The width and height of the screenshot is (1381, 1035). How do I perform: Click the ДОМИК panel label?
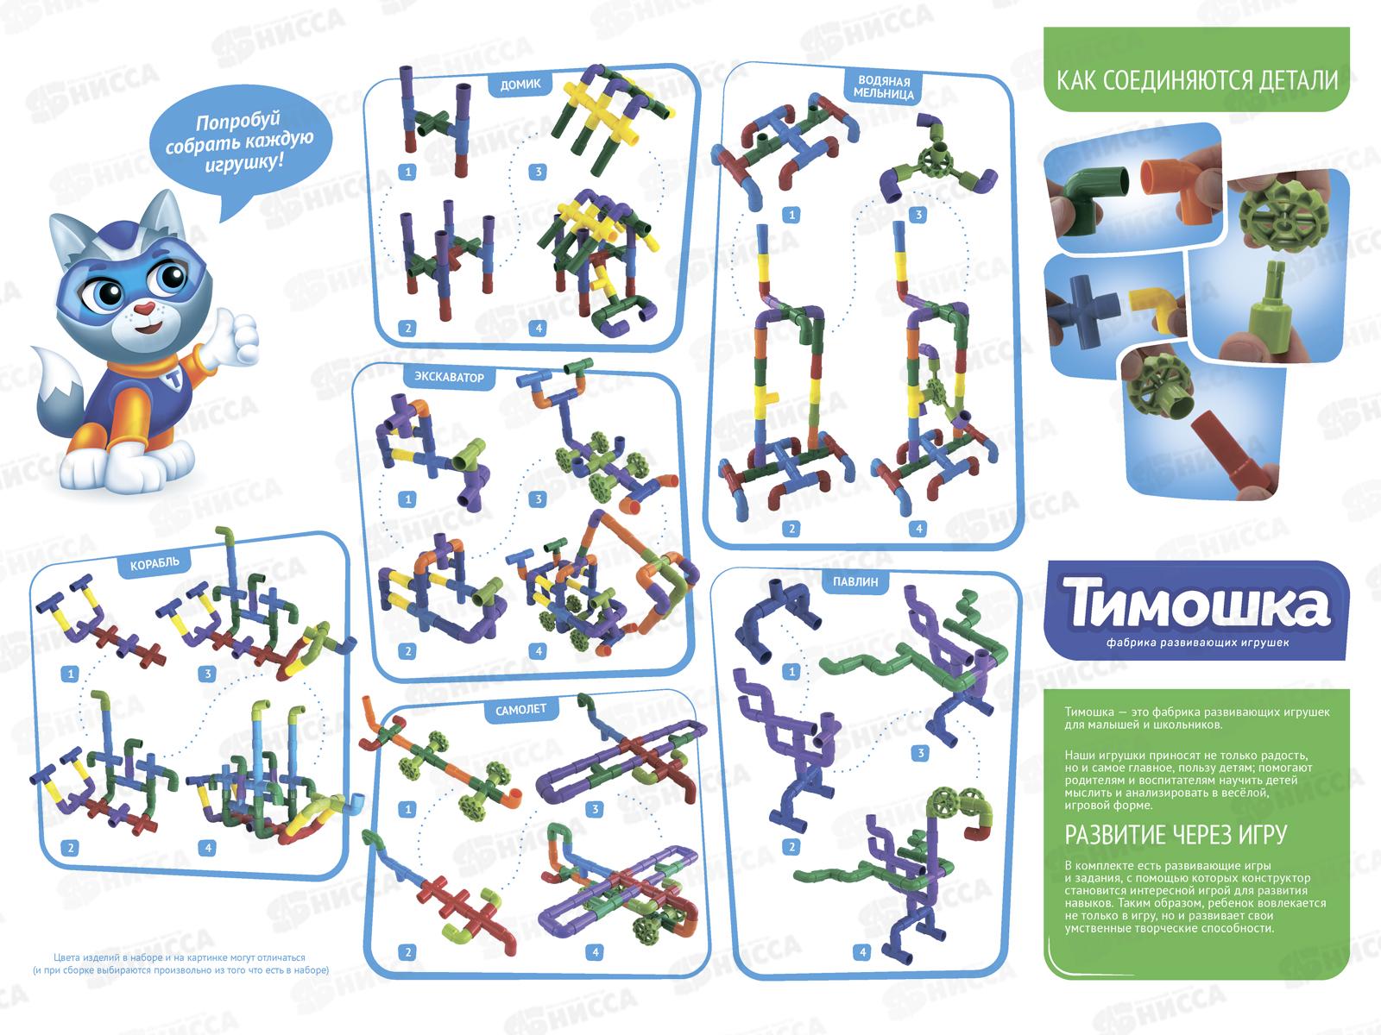point(520,85)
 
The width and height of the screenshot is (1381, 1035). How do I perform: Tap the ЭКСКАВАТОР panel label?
point(449,377)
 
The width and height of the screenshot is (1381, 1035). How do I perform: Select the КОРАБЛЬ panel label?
point(154,563)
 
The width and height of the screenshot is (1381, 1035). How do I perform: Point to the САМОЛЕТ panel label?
point(521,710)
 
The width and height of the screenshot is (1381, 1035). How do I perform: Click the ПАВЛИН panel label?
point(855,582)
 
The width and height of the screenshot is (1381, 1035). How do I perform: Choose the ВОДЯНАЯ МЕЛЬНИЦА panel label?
point(884,87)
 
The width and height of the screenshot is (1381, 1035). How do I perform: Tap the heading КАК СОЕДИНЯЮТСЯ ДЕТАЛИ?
point(1196,80)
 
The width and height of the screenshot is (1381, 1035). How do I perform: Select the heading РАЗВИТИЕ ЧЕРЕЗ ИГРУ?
point(1176,835)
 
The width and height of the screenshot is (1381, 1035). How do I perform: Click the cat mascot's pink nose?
point(144,308)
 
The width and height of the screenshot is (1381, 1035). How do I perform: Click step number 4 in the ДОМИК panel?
point(538,328)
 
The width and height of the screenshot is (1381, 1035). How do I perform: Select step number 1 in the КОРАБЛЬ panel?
point(70,674)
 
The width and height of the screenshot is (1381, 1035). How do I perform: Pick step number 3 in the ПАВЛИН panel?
point(920,753)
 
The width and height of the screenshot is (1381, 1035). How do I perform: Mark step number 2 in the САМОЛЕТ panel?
point(407,952)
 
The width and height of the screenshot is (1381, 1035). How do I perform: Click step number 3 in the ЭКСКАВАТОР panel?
point(538,499)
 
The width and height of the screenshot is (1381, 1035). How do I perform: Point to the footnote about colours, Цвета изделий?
point(180,964)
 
